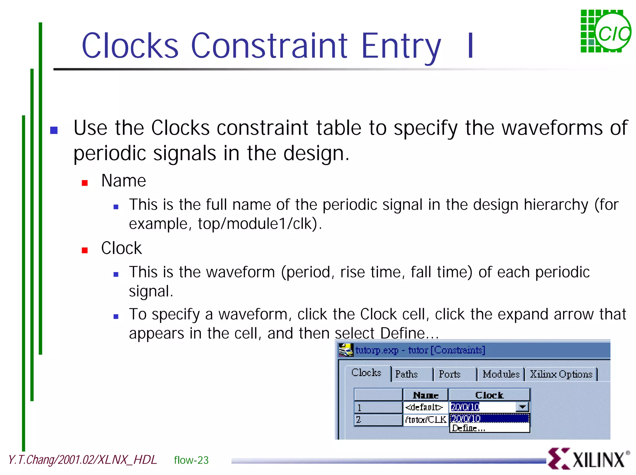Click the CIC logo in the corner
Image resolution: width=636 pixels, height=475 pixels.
tap(606, 31)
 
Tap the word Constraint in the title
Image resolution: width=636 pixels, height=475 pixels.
tap(269, 46)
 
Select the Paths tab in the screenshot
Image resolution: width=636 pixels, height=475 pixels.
tap(407, 374)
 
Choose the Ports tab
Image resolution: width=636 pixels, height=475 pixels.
tap(449, 374)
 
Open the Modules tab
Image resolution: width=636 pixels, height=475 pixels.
tap(501, 374)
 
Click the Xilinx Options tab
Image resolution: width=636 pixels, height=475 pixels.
tap(561, 374)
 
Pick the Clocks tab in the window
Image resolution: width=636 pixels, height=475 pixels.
tap(366, 373)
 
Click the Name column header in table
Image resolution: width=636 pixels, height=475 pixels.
tap(425, 395)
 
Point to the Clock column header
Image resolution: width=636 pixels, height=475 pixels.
tap(489, 395)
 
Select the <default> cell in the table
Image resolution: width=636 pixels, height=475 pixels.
tap(425, 407)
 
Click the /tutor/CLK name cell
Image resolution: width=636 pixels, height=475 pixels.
tap(425, 420)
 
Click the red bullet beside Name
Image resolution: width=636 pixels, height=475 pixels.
tap(84, 183)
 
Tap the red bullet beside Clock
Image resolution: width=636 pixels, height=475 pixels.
tap(84, 250)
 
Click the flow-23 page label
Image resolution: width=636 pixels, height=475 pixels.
tap(191, 460)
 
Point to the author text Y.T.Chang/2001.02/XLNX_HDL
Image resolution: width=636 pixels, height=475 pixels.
tap(82, 460)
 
